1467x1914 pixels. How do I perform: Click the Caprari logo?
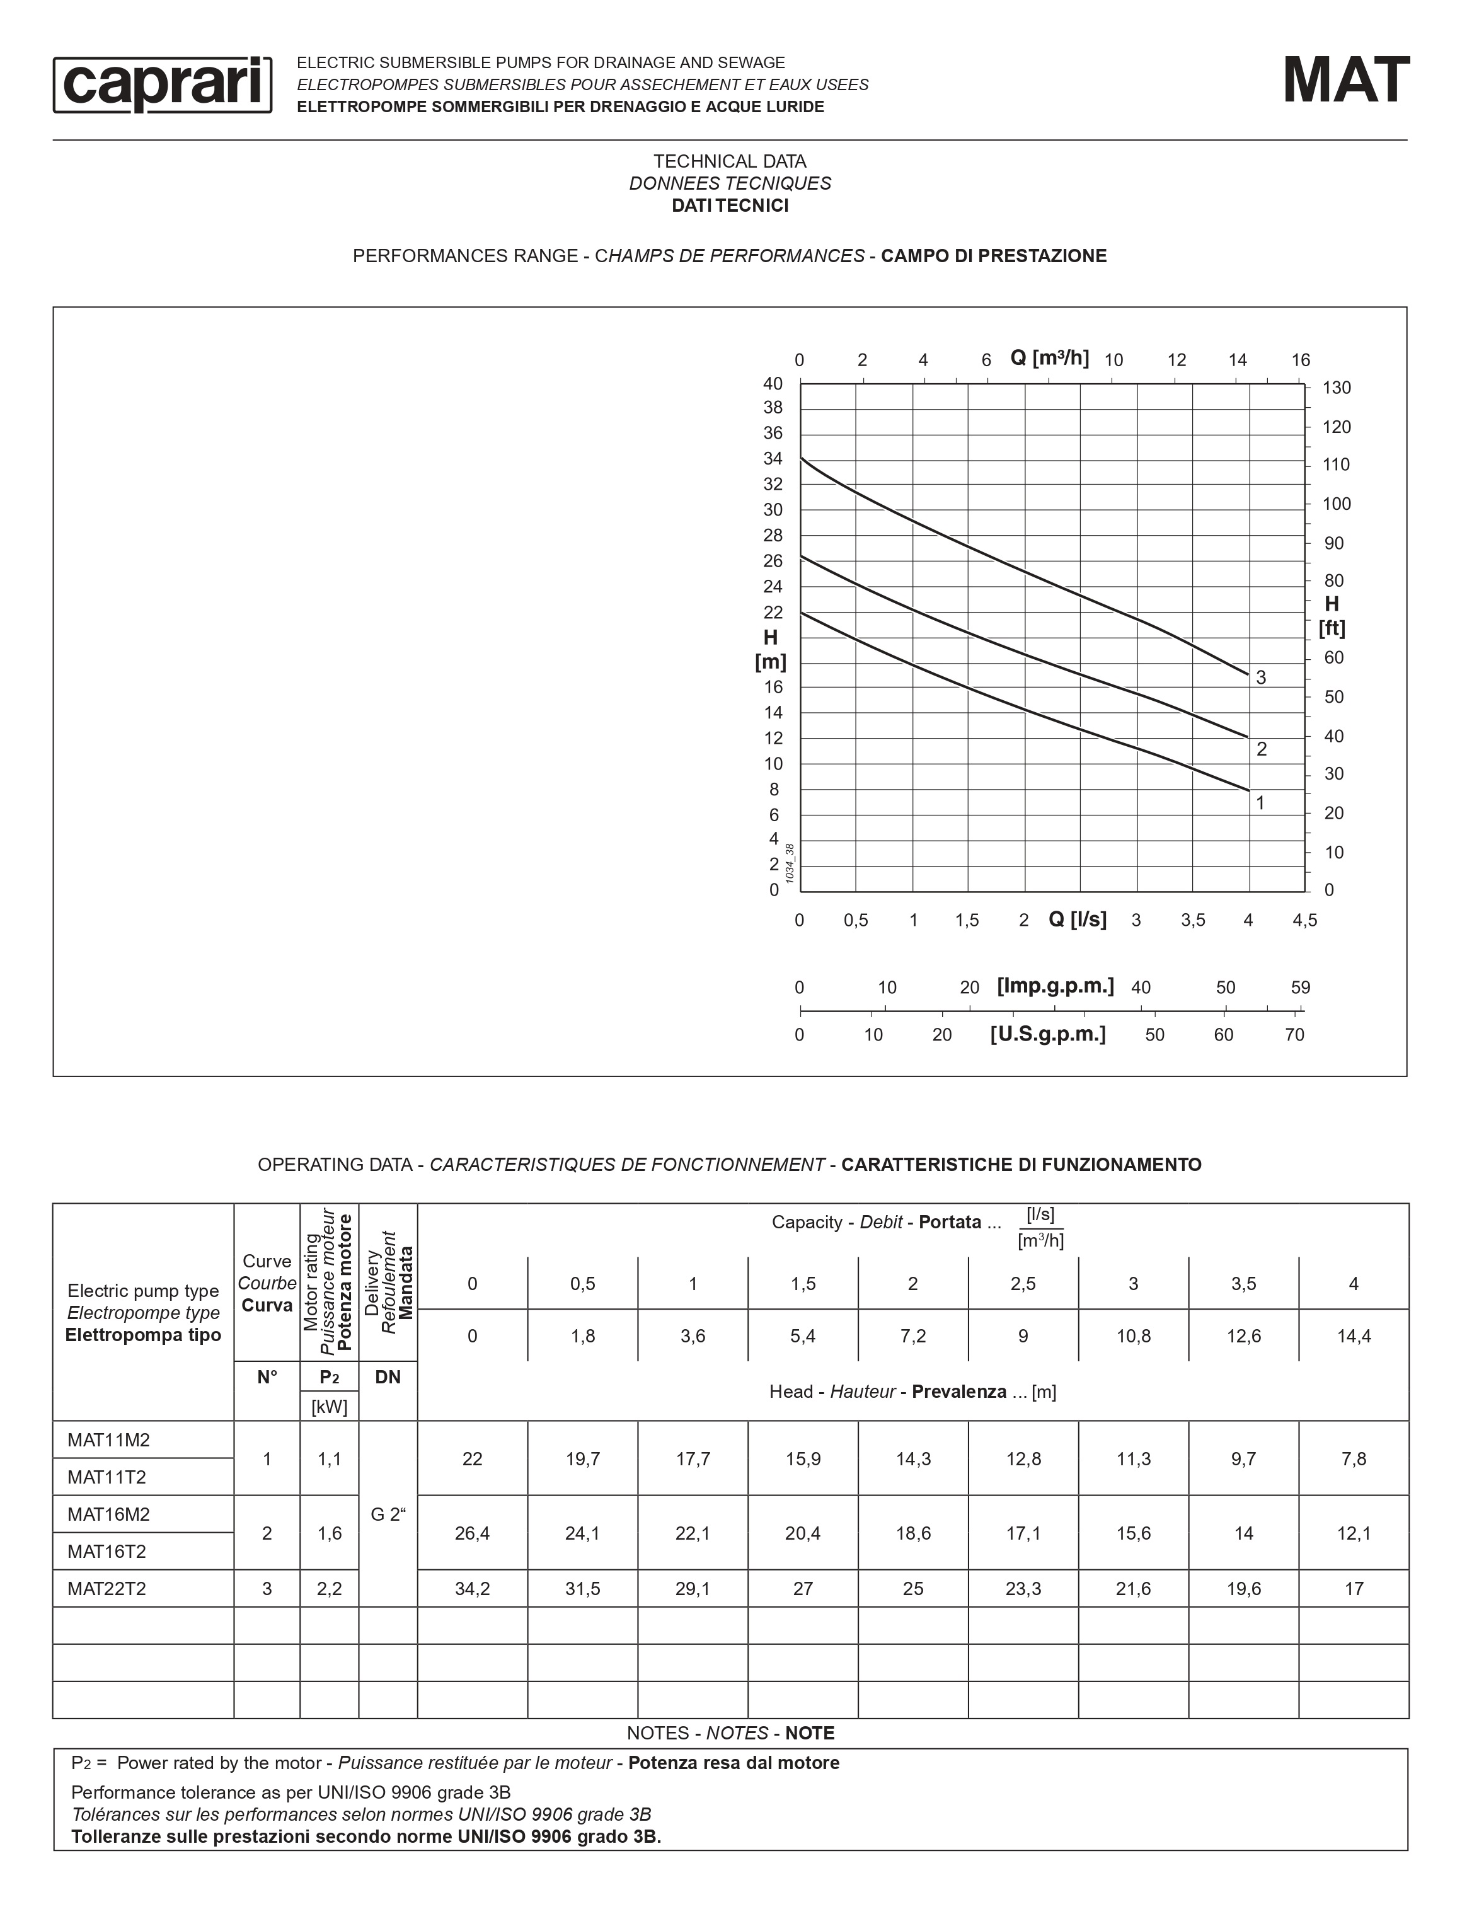[x=163, y=84]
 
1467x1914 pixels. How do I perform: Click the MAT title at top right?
[x=1345, y=81]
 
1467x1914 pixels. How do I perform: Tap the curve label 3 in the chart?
[x=1261, y=677]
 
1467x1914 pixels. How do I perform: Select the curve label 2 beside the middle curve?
[x=1261, y=749]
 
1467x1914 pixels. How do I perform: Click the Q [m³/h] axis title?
[x=1050, y=358]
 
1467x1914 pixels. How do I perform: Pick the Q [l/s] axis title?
[x=1078, y=920]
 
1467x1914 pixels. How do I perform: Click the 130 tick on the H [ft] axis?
[x=1336, y=388]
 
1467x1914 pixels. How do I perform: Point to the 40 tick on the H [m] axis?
[x=773, y=384]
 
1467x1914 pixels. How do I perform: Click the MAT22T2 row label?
[x=106, y=1589]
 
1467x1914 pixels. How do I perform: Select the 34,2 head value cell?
[x=473, y=1589]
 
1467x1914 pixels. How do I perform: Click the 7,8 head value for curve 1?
[x=1354, y=1459]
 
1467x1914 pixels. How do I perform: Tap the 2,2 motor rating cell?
[x=329, y=1589]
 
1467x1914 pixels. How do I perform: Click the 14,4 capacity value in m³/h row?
[x=1354, y=1336]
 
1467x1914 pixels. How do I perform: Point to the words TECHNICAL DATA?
[x=730, y=161]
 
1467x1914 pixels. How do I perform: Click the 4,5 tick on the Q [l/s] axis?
[x=1304, y=920]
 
